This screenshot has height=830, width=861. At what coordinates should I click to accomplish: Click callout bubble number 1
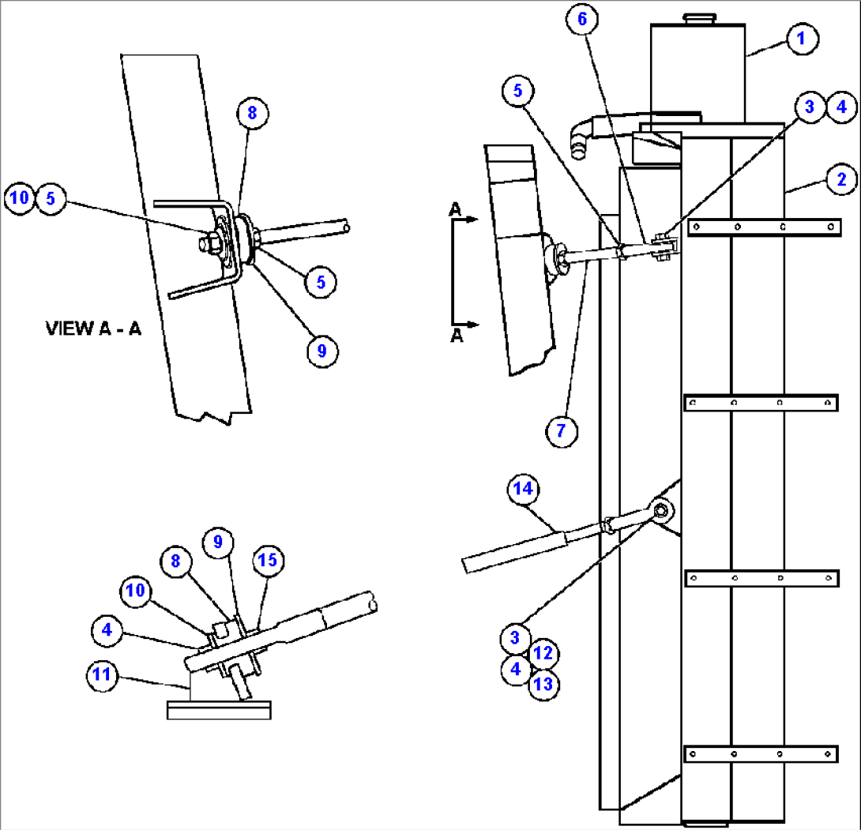800,38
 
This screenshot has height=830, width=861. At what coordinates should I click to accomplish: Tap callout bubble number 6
582,21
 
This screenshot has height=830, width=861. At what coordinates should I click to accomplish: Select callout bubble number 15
266,561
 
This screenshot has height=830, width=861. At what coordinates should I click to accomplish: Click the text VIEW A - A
93,329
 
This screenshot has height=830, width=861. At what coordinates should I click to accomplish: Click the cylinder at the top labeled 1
697,71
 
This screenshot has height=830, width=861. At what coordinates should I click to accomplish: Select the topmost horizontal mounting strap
761,227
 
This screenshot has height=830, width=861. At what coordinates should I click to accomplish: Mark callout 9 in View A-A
321,349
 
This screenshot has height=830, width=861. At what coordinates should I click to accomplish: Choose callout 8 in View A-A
252,113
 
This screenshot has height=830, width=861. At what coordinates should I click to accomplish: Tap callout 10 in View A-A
20,198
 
